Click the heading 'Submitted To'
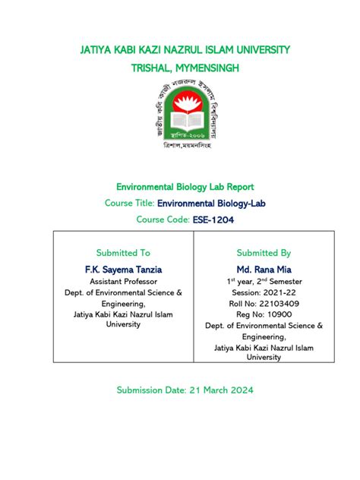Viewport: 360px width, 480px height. [123, 252]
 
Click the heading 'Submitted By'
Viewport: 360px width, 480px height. [264, 252]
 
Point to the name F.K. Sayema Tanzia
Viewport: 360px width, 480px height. [123, 269]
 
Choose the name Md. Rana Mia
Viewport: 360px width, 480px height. [264, 269]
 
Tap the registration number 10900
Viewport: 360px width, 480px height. [278, 314]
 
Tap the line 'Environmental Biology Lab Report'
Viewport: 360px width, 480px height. [185, 186]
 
